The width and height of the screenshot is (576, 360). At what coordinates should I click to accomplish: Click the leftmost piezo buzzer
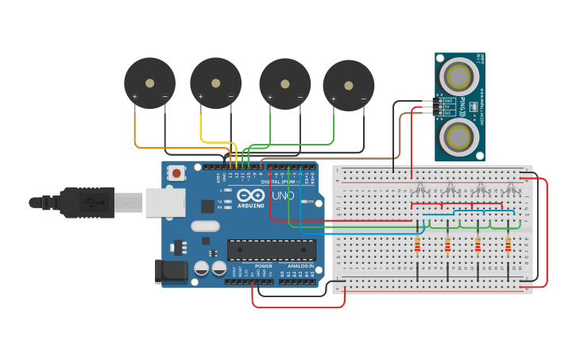(x=149, y=83)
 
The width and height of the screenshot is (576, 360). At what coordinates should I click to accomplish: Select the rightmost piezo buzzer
(x=348, y=85)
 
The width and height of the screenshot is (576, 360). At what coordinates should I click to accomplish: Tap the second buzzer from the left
(x=215, y=83)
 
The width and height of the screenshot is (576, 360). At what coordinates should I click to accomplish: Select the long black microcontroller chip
(x=271, y=250)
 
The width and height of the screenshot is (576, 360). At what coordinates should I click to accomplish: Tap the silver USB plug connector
(x=127, y=203)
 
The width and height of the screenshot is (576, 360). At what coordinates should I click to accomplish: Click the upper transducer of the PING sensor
(x=458, y=76)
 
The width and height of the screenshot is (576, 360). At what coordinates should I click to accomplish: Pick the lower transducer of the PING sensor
(x=459, y=137)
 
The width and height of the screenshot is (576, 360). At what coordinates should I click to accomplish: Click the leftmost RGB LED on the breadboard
(x=419, y=188)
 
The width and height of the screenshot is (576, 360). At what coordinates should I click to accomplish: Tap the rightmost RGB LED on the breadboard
(x=511, y=188)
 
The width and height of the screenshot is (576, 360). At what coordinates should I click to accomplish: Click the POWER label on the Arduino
(x=263, y=265)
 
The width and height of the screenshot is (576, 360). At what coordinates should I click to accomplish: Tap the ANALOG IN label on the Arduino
(x=300, y=265)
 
